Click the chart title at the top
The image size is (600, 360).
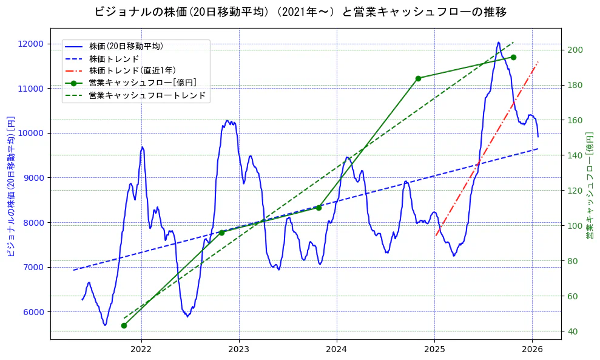pos(300,12)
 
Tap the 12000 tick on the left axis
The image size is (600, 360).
pos(31,44)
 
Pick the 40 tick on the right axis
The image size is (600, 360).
pos(572,331)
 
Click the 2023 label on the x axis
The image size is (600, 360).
pos(238,350)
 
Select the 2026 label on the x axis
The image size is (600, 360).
pos(531,350)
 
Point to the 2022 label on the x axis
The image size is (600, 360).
pos(141,350)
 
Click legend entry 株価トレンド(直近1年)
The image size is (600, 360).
pos(132,70)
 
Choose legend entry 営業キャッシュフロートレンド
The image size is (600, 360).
pos(147,95)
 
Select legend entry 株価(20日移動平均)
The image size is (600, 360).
pos(126,46)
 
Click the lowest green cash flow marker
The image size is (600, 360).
pos(124,325)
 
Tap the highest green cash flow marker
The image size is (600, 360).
pos(513,57)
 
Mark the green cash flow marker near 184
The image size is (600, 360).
pos(418,78)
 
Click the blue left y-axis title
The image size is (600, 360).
pos(10,186)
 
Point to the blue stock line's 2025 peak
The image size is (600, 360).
pos(498,42)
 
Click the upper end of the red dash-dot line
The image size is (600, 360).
pos(538,61)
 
